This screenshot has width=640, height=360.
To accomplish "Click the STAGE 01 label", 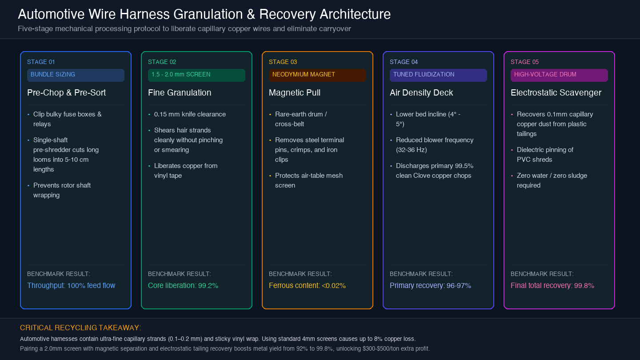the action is point(41,62).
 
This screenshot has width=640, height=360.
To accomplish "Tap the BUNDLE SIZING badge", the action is point(76,75).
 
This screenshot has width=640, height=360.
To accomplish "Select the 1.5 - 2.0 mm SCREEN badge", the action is point(196,75).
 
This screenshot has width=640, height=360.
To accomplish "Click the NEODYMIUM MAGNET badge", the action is point(317,75).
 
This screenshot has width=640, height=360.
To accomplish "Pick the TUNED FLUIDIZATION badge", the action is point(438,75).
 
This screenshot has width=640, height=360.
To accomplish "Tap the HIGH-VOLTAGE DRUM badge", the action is point(559,75).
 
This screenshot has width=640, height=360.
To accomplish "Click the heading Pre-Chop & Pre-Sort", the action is point(66,92).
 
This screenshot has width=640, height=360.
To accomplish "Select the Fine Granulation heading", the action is point(180,92).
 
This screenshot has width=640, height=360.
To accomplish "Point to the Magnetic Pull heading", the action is point(295,92).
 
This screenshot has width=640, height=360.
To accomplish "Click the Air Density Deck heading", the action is point(421,92).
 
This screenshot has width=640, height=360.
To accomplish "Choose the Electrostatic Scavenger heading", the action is point(556,92).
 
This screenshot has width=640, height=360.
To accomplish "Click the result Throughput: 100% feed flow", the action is point(71,285).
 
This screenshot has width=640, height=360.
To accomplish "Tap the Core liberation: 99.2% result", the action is point(183,285).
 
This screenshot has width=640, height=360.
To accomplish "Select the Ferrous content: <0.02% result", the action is point(307,285).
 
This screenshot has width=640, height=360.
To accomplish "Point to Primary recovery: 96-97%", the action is point(430,285).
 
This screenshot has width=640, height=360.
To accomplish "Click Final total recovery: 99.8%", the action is point(552,285).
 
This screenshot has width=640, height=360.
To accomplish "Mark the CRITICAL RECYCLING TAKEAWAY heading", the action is point(80,328).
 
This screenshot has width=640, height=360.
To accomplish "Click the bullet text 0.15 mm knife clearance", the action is point(190,114).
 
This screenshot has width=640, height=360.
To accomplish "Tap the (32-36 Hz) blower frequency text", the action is point(411,150).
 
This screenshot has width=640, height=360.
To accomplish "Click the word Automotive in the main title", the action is point(51,14).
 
